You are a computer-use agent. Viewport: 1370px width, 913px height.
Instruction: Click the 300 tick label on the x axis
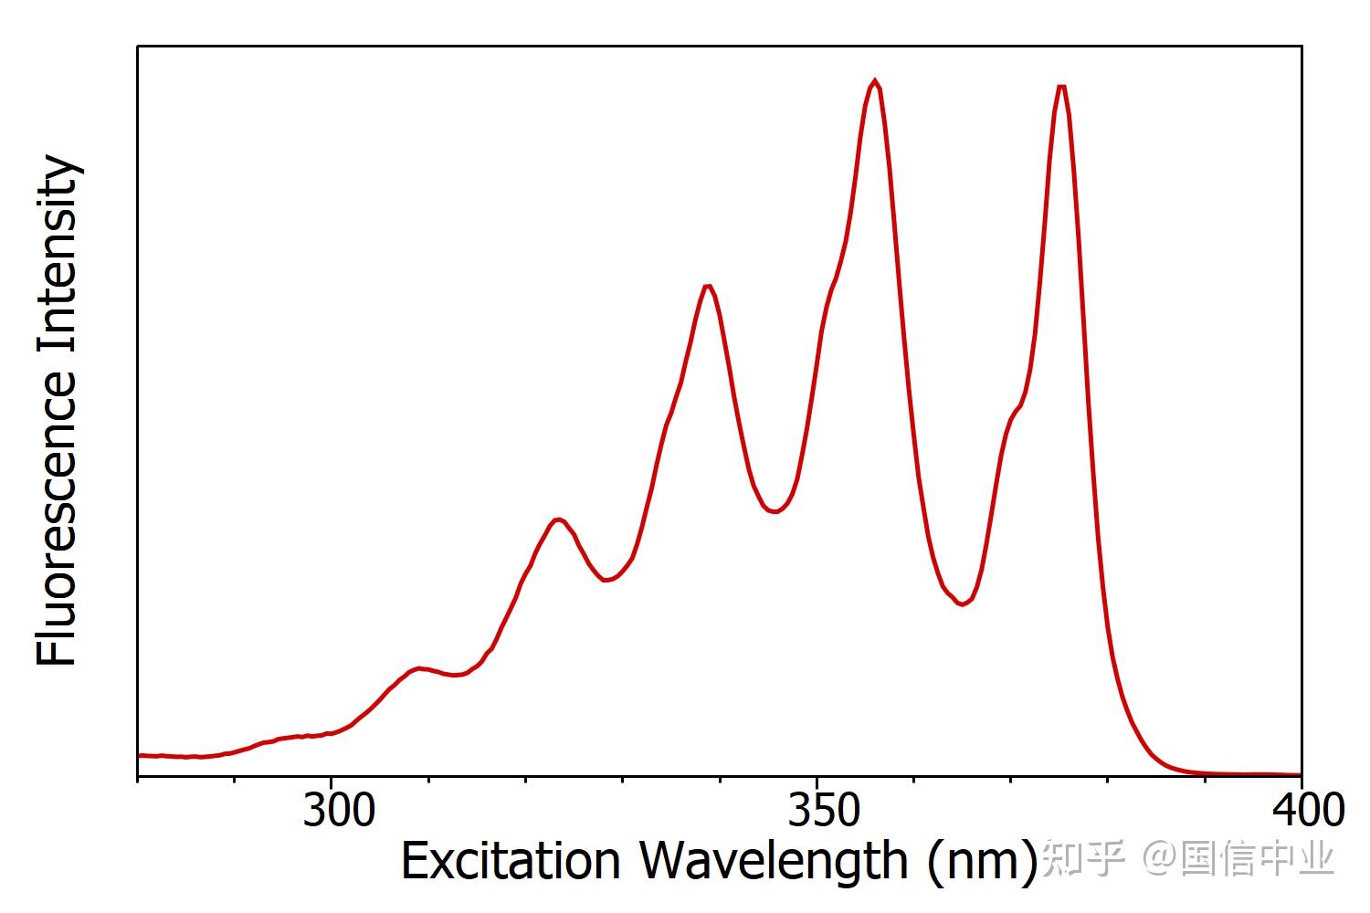(x=338, y=812)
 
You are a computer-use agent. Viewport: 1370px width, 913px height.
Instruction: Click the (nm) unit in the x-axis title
(x=983, y=861)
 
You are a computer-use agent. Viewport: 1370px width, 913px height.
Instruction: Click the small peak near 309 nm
(x=418, y=668)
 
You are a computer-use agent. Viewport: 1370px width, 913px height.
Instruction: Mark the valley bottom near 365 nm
(x=962, y=604)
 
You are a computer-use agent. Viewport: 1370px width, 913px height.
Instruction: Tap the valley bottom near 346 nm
(x=775, y=512)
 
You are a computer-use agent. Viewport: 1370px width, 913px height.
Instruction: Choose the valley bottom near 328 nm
(x=606, y=580)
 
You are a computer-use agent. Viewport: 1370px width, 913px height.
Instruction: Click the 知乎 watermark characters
(x=1082, y=858)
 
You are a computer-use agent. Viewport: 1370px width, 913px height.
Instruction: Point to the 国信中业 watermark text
(x=1257, y=858)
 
